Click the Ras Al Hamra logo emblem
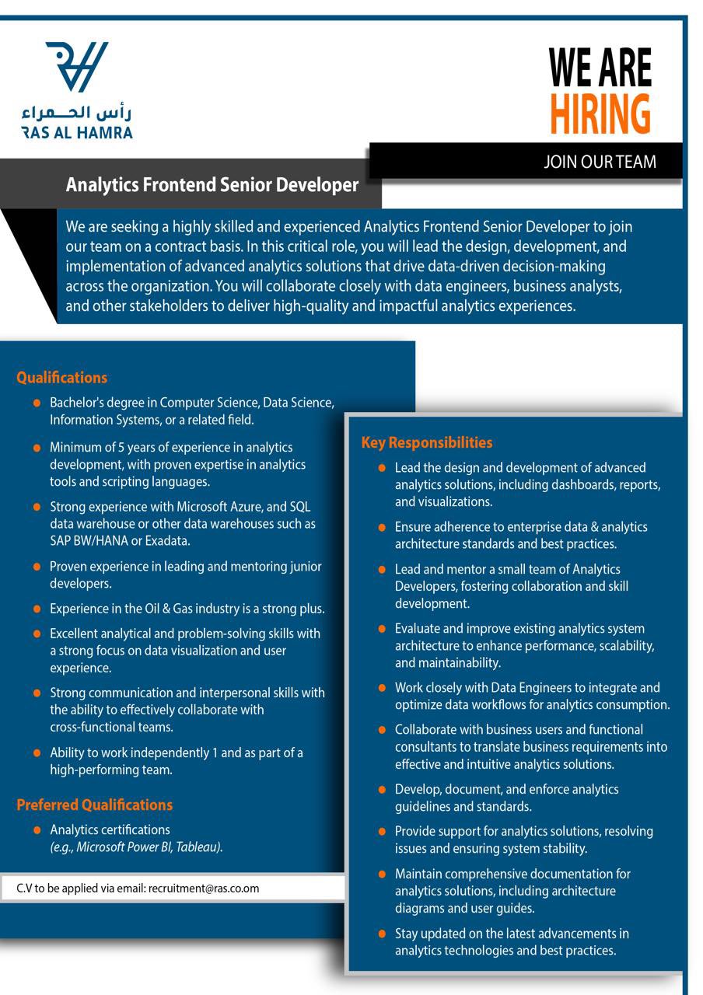tap(77, 66)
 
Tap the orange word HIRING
tap(600, 114)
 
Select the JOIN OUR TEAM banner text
tap(600, 162)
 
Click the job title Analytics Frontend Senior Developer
tap(212, 185)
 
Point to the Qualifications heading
tap(61, 378)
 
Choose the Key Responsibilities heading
tap(427, 443)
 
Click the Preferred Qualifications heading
tap(94, 805)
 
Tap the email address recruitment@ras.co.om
tap(204, 888)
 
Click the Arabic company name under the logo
tap(77, 113)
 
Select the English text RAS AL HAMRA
tap(77, 133)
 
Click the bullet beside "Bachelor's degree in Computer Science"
tap(37, 403)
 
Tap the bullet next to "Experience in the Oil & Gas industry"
tap(37, 609)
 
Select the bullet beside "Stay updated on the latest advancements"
tap(382, 934)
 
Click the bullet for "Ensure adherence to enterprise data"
tap(382, 527)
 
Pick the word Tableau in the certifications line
tap(198, 847)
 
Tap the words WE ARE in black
tap(600, 68)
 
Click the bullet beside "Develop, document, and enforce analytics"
tap(382, 790)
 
